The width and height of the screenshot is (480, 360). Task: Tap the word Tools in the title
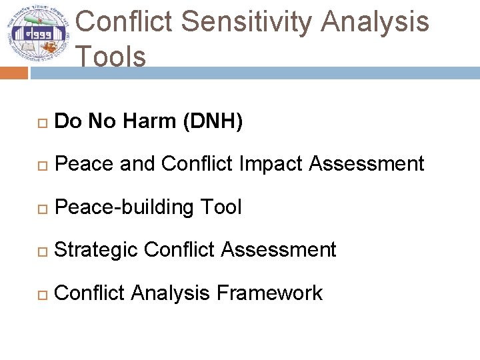point(111,57)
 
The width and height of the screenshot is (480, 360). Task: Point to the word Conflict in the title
point(125,22)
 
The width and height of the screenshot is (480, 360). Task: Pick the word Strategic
point(95,250)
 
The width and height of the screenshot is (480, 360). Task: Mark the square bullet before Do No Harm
point(41,123)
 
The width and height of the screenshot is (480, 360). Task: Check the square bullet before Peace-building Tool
point(41,209)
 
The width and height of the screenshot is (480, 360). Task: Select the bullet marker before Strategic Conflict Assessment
point(41,251)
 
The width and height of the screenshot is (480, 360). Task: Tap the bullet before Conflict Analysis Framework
point(41,294)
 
